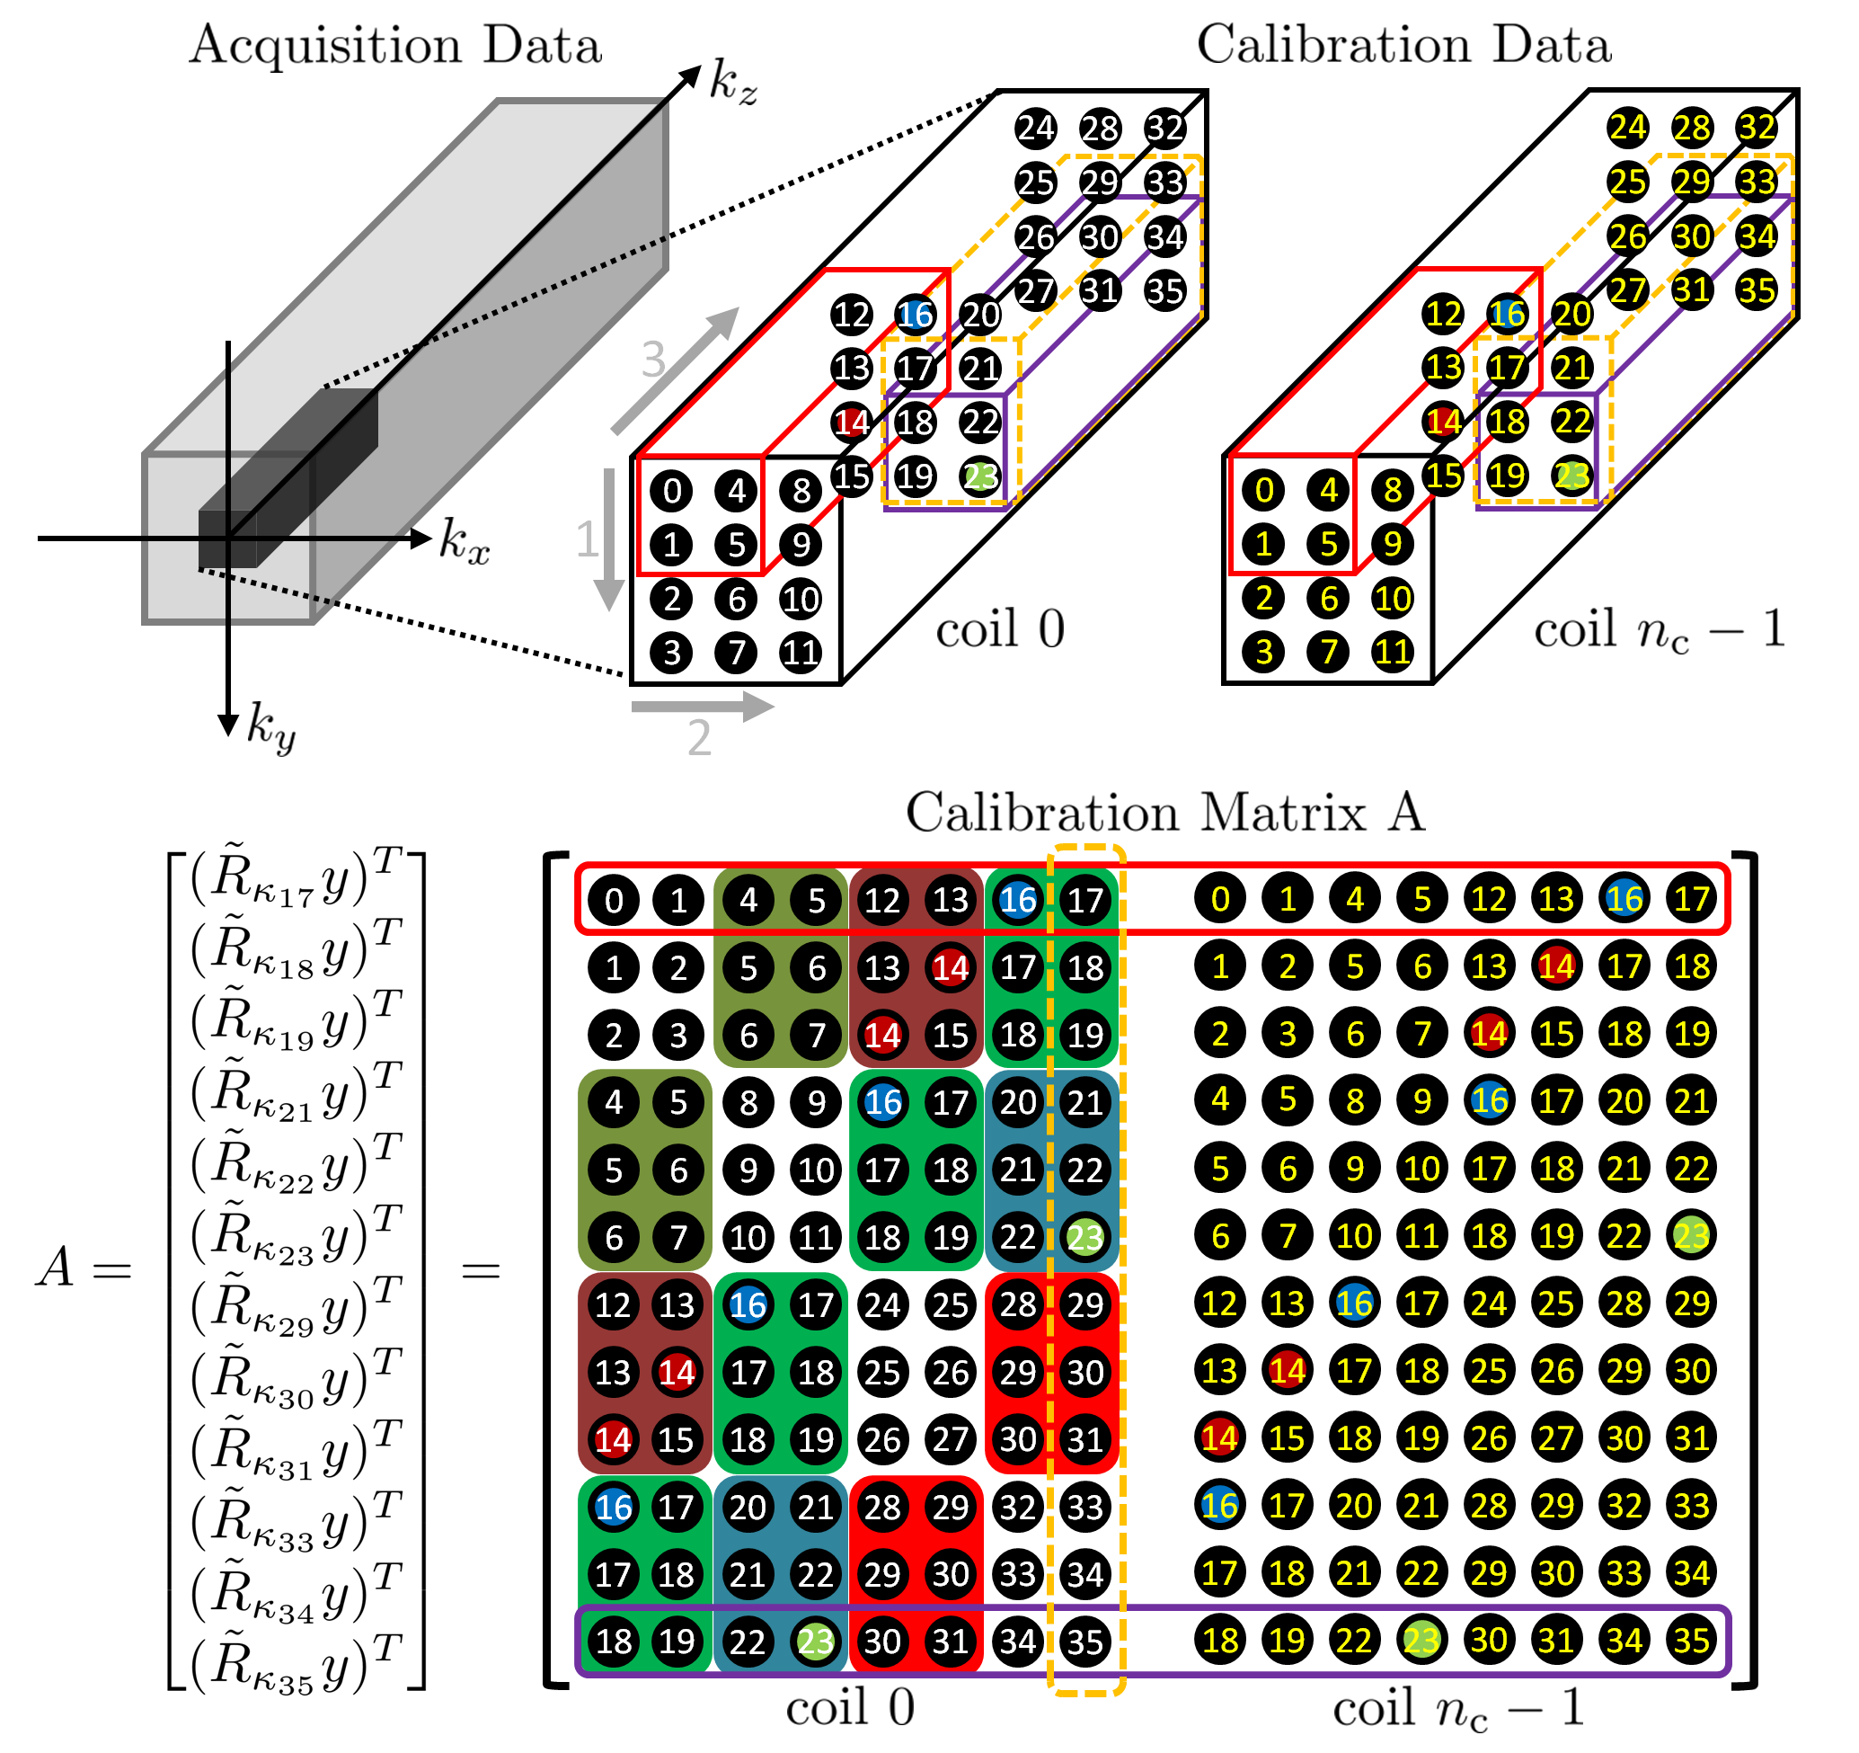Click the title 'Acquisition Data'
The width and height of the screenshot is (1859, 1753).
click(x=395, y=45)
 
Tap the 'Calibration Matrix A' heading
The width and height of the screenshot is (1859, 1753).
click(x=1165, y=812)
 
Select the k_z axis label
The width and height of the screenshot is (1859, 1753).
click(x=732, y=82)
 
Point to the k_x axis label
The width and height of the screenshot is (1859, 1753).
click(x=465, y=540)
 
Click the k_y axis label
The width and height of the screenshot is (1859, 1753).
click(x=270, y=727)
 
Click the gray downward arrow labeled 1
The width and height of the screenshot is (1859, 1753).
click(x=609, y=538)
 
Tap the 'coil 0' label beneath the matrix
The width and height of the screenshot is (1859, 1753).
click(x=850, y=1708)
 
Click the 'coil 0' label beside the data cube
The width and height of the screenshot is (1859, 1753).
click(x=1000, y=628)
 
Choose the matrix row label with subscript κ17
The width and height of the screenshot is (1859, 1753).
click(x=296, y=879)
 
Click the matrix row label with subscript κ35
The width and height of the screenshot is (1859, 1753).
click(x=296, y=1665)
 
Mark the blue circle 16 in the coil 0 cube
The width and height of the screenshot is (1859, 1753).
click(x=915, y=316)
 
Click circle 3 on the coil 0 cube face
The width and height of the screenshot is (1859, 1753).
click(x=671, y=652)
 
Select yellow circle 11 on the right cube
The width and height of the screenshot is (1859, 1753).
click(x=1393, y=651)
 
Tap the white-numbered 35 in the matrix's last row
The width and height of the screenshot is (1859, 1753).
click(x=1084, y=1641)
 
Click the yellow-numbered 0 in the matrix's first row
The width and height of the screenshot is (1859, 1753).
click(x=1219, y=899)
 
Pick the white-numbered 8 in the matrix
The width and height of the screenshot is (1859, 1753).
click(x=748, y=1103)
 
